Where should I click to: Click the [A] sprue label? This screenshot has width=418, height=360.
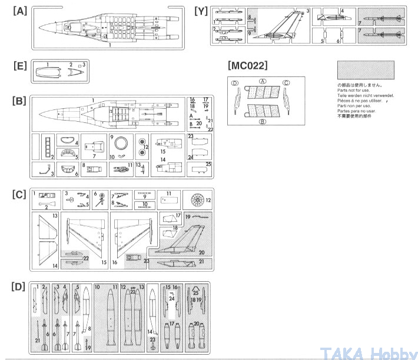[x=19, y=11]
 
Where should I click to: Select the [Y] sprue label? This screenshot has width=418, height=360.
[x=200, y=11]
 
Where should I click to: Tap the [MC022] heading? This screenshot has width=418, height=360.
[x=247, y=65]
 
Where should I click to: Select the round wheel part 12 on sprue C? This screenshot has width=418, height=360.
[x=197, y=201]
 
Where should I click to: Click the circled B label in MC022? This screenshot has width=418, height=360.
[x=263, y=122]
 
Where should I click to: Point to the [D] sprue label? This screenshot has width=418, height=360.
[x=19, y=286]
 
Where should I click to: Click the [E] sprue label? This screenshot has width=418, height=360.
[x=19, y=66]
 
